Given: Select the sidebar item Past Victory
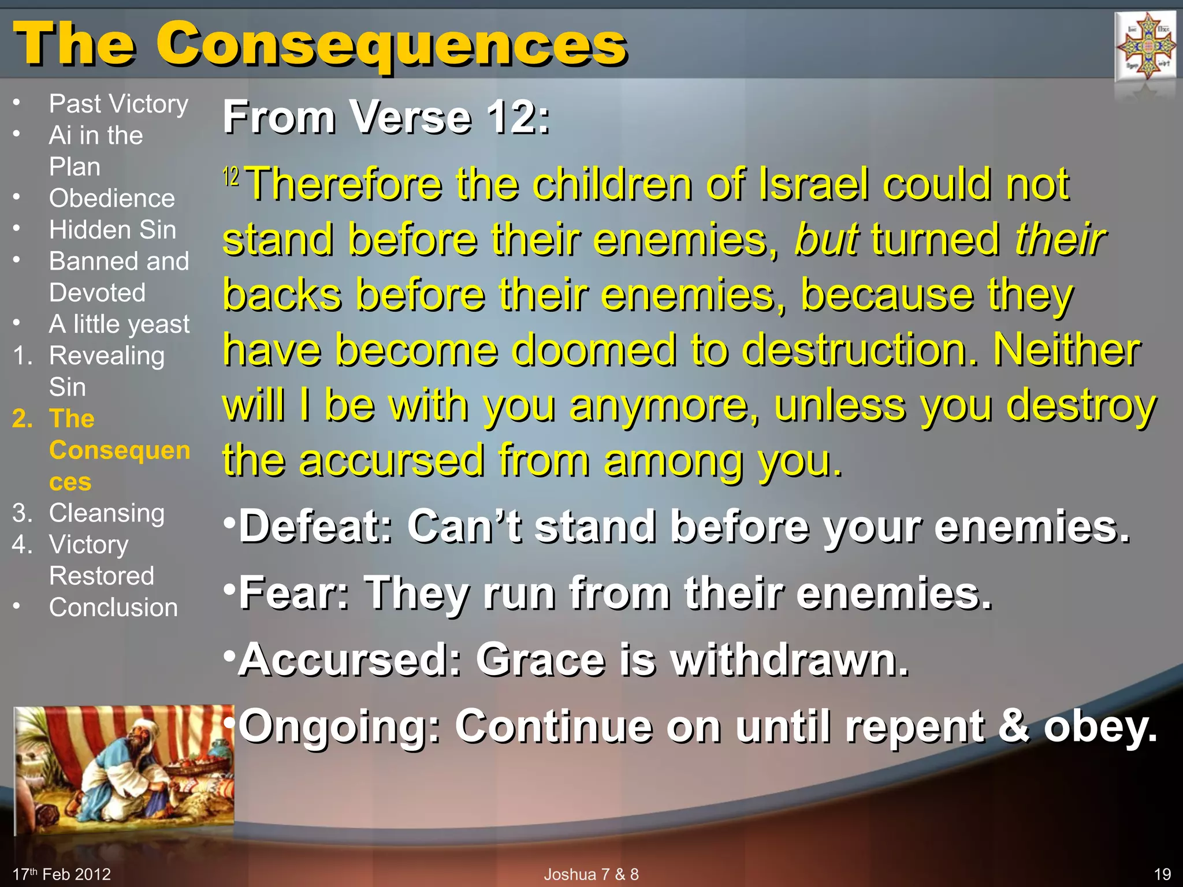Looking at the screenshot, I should click(118, 105).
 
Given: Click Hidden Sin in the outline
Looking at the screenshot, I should click(112, 230).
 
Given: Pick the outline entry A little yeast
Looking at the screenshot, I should click(119, 325).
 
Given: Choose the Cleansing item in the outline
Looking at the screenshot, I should click(107, 513).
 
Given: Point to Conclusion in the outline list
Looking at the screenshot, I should click(113, 608).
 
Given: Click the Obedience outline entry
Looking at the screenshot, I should click(111, 199).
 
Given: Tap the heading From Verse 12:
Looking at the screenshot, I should click(386, 117).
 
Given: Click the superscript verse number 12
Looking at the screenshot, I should click(230, 176).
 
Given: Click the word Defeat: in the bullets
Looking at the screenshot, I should click(315, 527).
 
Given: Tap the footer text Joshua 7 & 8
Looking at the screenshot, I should click(591, 874).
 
